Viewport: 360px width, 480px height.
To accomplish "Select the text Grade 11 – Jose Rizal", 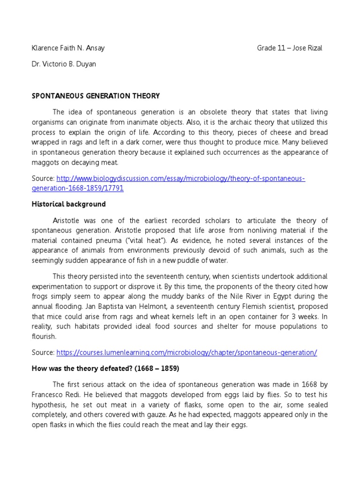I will [289, 48].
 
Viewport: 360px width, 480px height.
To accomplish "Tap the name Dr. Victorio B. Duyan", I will [63, 64].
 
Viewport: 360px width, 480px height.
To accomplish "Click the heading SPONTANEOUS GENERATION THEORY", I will [96, 96].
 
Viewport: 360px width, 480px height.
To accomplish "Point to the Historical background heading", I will [68, 204].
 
